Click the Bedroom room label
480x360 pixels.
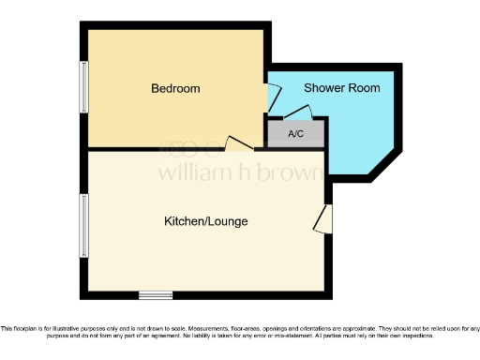(x=176, y=89)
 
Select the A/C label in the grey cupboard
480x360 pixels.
(x=296, y=134)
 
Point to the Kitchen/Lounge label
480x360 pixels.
(x=206, y=221)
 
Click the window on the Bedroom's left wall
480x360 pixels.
(x=84, y=87)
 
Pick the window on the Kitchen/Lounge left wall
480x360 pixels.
(x=84, y=225)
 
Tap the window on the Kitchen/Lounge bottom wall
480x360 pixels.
(x=156, y=294)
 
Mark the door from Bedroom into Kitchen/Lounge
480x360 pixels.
(x=239, y=142)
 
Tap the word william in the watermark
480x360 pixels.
(x=187, y=172)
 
